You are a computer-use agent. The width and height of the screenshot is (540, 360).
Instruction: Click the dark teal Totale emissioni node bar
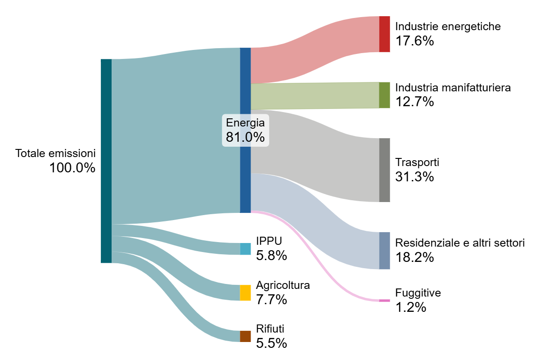coord(106,161)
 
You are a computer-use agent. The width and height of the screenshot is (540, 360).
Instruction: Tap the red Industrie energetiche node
coord(384,34)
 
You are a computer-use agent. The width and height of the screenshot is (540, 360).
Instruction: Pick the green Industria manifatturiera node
coord(384,95)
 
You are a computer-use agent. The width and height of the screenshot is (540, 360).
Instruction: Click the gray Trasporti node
coord(384,170)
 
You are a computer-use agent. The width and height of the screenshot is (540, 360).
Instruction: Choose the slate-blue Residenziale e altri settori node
coord(384,251)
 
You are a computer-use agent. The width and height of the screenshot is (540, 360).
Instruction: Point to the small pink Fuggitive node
coord(384,301)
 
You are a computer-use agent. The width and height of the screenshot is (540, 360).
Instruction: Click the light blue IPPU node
coord(245,249)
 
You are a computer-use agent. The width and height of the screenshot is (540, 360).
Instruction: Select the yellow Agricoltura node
coord(245,293)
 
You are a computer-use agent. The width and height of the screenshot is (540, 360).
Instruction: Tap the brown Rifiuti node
coord(245,336)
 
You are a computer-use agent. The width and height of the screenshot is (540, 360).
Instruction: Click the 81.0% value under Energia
coord(245,137)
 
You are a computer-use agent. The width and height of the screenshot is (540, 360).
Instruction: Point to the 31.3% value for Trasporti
coord(414,176)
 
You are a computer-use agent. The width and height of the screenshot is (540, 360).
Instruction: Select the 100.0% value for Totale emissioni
coord(72,167)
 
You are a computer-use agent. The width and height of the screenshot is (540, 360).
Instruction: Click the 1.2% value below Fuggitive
coord(411,307)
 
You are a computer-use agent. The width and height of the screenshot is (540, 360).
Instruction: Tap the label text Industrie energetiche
coord(448,27)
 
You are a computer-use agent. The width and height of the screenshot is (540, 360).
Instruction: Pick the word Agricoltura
coord(283,285)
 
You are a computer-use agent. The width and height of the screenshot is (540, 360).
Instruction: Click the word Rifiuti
coord(270,329)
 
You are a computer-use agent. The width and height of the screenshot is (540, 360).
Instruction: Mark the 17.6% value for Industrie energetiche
coord(414,40)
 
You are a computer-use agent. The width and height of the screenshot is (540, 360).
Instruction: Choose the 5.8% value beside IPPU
coord(271,255)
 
